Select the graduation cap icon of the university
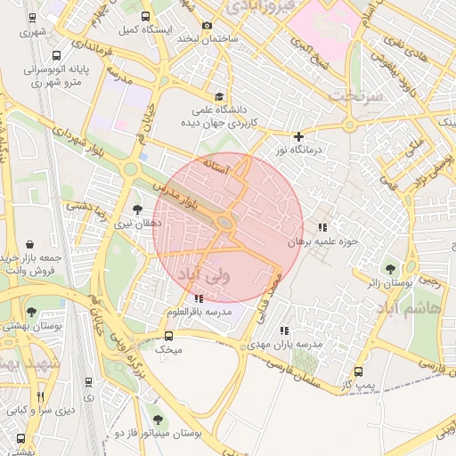[219, 96]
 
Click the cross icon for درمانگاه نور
[298, 136]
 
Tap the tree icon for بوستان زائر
[389, 268]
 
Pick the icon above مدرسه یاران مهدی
[285, 330]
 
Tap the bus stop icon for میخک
[168, 336]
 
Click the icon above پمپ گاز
[358, 371]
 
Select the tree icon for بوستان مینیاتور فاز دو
[158, 419]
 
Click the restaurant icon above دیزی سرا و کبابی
[40, 395]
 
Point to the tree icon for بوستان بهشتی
[32, 312]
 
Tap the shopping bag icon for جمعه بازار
[31, 242]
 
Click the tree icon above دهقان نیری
[135, 209]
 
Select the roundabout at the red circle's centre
[226, 224]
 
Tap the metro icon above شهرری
[33, 17]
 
